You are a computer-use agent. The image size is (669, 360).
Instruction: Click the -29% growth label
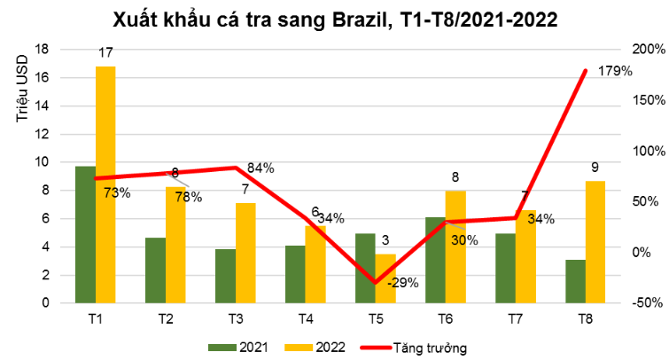pos(403,283)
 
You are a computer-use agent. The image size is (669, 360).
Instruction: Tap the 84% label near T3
pos(261,168)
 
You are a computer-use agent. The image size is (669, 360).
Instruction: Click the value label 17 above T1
pos(105,55)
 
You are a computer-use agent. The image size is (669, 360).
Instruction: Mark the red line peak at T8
pos(586,71)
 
